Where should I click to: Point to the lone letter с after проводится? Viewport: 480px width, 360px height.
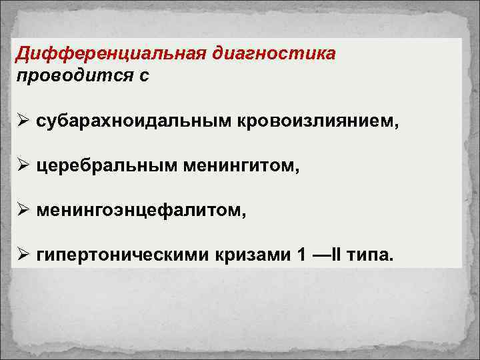tap(144, 75)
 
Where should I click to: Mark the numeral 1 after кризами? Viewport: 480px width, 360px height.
tap(295, 255)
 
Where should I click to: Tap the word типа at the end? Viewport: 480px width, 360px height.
tap(370, 255)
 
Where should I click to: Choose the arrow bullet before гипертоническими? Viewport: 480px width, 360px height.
tap(23, 255)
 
